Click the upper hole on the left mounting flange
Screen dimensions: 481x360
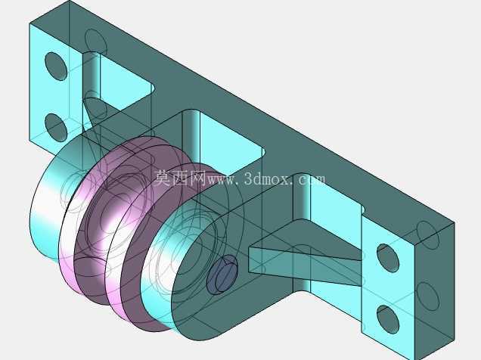click(56, 67)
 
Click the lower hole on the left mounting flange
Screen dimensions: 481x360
click(56, 127)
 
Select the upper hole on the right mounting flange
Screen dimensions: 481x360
click(388, 258)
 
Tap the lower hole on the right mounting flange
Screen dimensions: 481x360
click(388, 320)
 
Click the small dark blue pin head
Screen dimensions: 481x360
click(222, 275)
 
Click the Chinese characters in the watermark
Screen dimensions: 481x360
click(180, 178)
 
